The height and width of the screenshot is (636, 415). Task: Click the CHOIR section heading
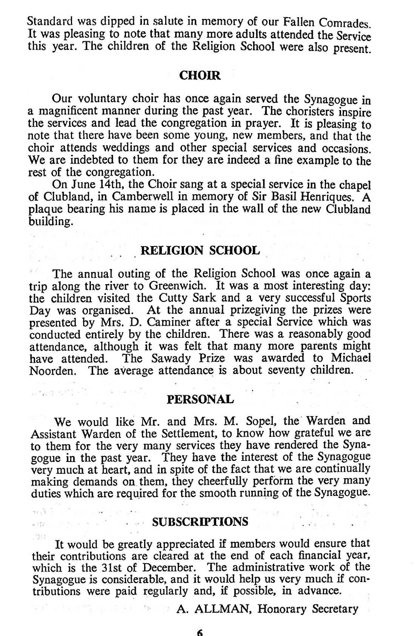point(200,75)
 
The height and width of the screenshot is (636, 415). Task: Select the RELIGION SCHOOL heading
point(200,250)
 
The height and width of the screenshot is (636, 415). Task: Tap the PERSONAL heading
point(200,399)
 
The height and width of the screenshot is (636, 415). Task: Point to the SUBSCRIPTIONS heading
point(200,522)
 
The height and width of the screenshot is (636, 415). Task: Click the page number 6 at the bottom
point(200,632)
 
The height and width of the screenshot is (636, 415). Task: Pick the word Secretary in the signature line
point(332,609)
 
